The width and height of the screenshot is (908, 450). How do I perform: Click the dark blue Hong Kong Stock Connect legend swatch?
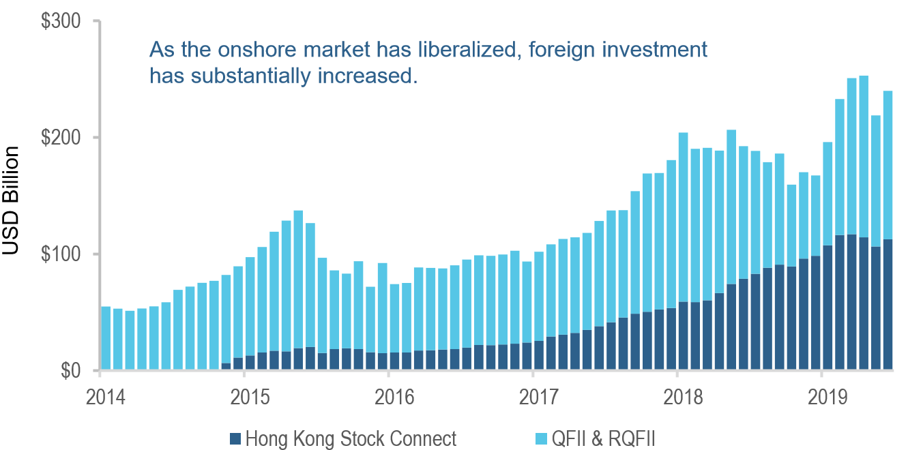235,438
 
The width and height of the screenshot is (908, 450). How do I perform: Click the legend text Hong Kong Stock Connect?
350,438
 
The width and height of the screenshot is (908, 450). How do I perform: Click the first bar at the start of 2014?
106,338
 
